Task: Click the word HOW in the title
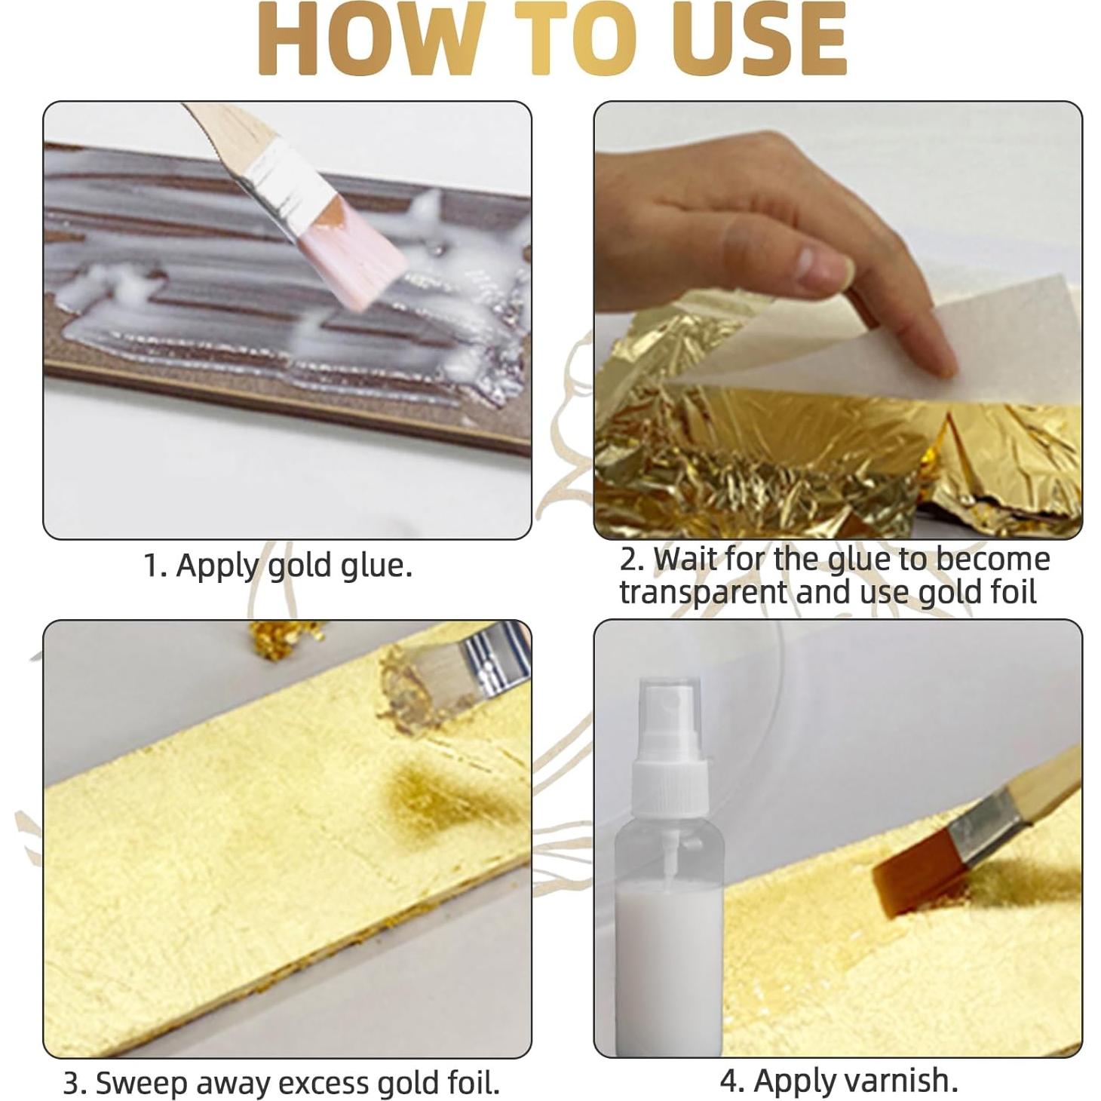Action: click(370, 39)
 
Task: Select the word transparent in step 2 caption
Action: click(702, 592)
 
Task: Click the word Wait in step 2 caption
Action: click(685, 560)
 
